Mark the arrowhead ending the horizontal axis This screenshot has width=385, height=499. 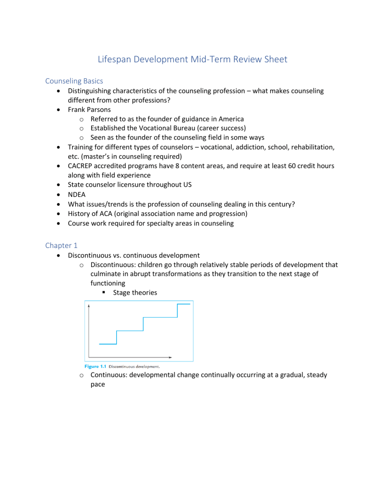coord(170,357)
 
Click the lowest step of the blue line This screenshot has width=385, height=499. coord(108,344)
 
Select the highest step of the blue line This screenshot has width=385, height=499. coord(183,304)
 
